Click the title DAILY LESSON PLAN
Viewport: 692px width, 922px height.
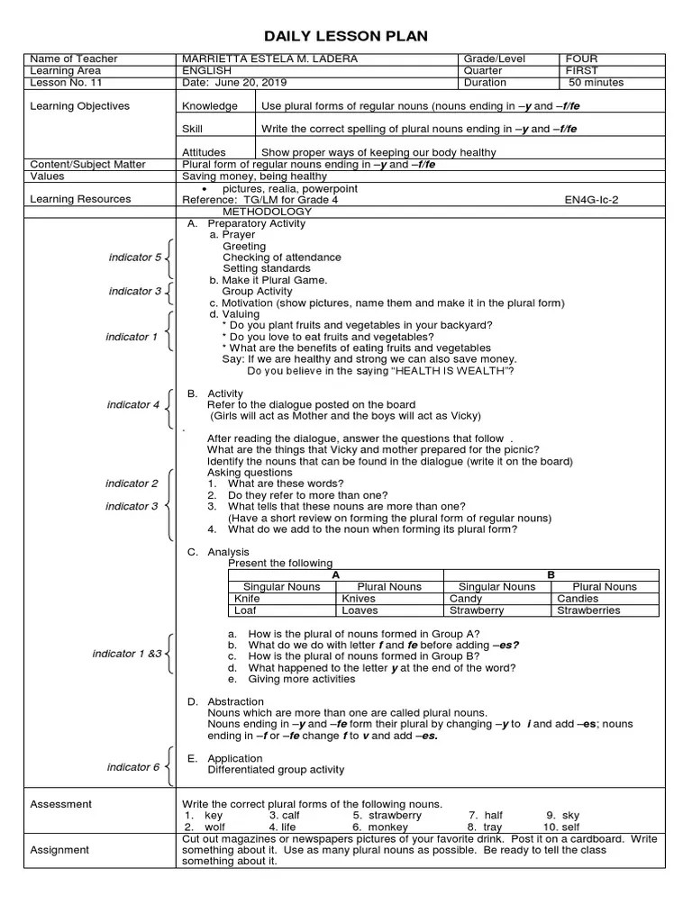pos(345,35)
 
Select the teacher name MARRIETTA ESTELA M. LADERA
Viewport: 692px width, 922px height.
pos(271,59)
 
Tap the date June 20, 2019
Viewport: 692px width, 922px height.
pos(223,83)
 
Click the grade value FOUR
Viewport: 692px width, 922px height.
pos(581,59)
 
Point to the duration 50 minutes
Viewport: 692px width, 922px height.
pos(596,83)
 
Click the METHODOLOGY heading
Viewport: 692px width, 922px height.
pos(267,212)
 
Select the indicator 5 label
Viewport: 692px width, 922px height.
pos(134,258)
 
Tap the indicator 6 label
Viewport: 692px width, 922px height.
pos(133,767)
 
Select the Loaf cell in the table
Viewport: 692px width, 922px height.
pos(245,610)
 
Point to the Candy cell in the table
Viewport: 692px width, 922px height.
pos(466,598)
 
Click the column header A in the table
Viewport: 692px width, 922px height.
pos(335,574)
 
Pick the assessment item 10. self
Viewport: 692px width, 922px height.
pos(560,827)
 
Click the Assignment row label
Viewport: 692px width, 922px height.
pos(59,849)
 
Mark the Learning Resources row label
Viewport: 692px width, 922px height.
pos(80,199)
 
